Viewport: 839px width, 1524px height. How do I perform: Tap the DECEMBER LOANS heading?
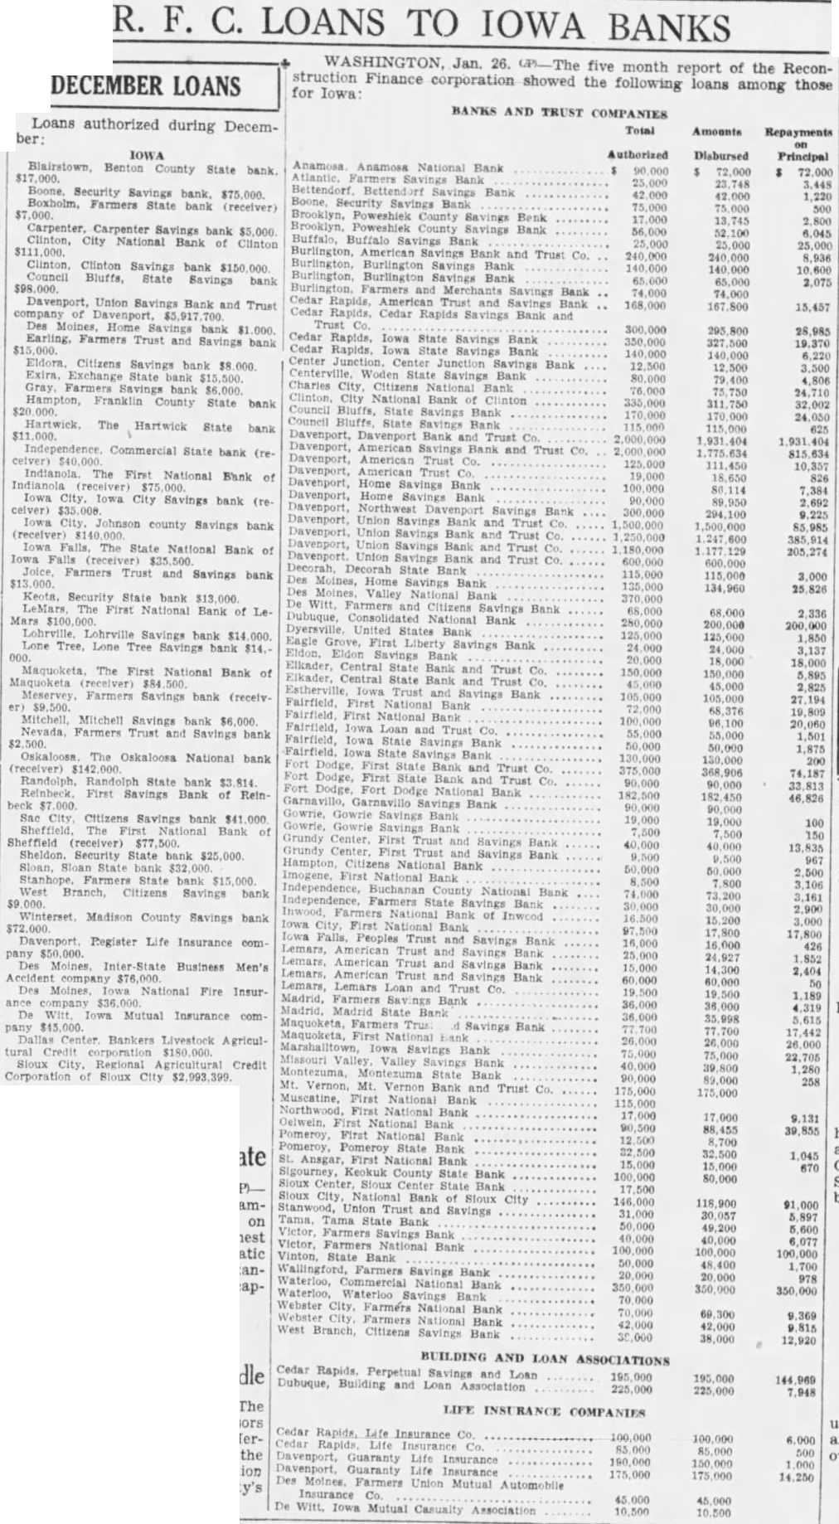[x=146, y=86]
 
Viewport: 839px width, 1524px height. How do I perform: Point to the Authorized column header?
[x=638, y=154]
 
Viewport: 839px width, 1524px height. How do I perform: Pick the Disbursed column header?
[x=720, y=155]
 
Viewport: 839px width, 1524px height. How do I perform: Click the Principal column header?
[x=802, y=156]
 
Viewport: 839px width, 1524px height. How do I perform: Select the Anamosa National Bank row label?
[x=398, y=167]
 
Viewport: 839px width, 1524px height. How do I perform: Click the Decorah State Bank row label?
[x=377, y=570]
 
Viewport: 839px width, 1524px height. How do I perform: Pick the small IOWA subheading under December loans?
[x=147, y=155]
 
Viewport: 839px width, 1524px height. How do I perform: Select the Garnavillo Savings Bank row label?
[x=390, y=803]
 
